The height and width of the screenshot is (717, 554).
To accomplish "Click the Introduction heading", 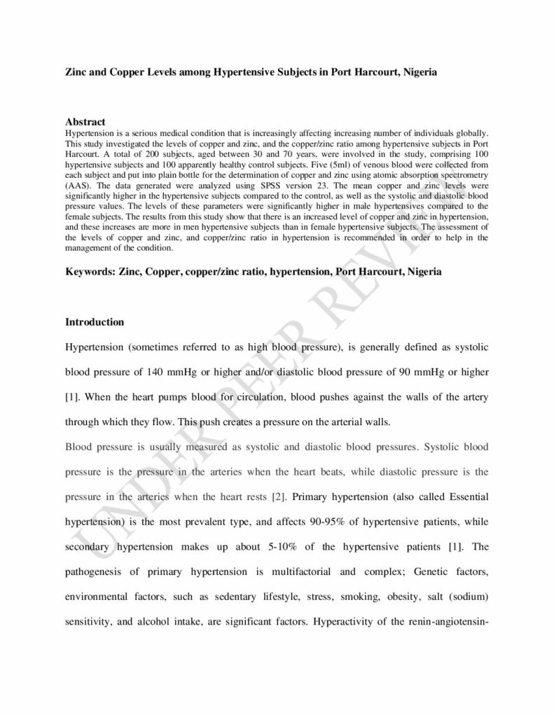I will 95,322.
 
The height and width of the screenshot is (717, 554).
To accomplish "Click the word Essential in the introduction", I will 462,497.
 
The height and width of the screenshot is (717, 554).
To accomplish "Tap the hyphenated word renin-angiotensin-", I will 438,621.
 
